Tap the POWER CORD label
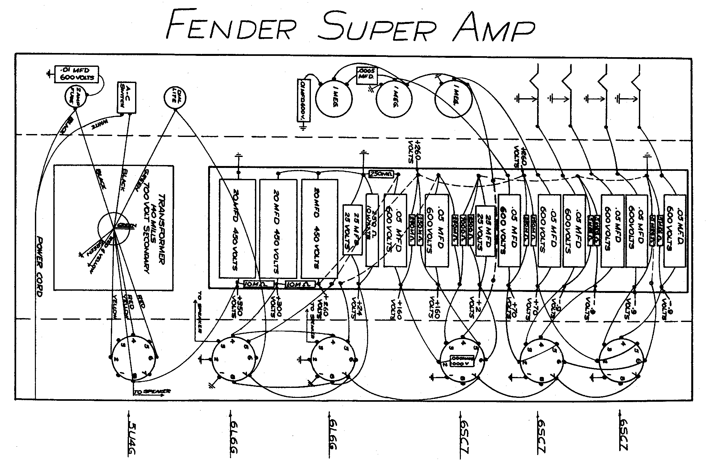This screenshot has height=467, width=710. (40, 266)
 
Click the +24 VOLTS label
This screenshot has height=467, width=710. (357, 307)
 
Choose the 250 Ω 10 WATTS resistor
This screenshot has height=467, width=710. (372, 230)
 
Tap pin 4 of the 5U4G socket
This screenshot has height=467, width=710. (133, 340)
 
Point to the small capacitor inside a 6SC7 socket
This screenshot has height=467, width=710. (462, 360)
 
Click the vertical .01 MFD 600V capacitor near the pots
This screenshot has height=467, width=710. (303, 100)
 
